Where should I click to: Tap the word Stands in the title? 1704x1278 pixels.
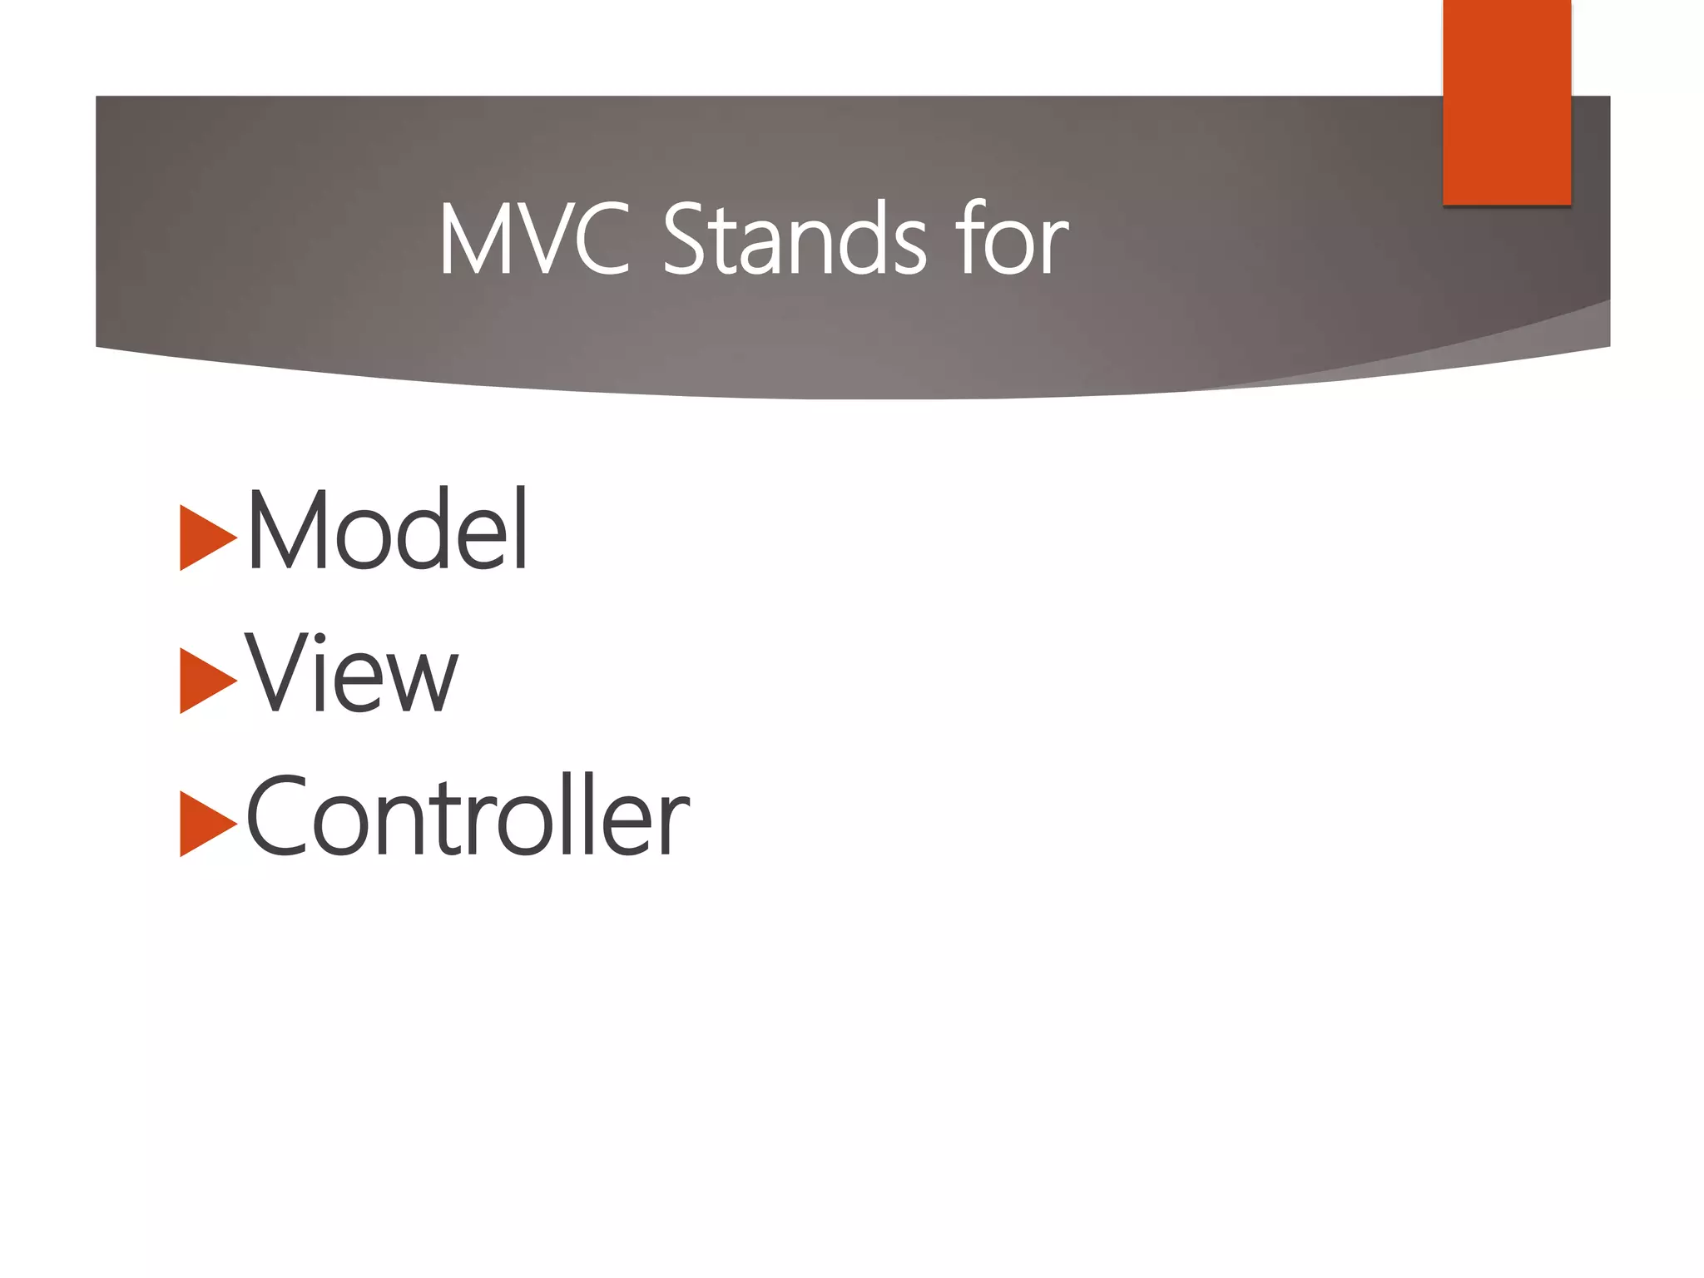(795, 240)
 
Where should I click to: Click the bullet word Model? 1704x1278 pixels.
(388, 531)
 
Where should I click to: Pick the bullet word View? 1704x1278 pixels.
(351, 674)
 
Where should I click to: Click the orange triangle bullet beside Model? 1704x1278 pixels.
(206, 537)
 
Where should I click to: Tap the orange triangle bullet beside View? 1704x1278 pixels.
(206, 680)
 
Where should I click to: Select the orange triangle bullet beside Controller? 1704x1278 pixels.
(206, 824)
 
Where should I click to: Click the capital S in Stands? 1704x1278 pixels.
(685, 240)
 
